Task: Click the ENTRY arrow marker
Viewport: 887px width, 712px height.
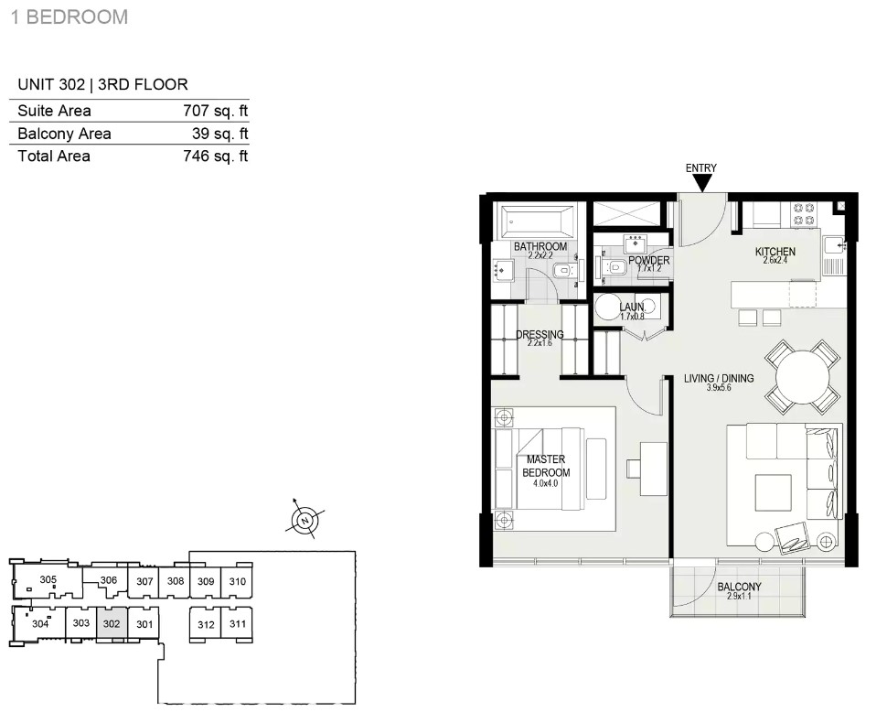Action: click(702, 183)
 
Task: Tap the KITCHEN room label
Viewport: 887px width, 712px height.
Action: click(775, 252)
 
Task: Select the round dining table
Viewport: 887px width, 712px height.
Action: click(802, 376)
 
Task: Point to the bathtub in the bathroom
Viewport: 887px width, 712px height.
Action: click(536, 221)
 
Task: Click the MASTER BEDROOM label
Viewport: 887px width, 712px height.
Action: click(546, 466)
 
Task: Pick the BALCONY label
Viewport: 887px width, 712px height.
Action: click(739, 587)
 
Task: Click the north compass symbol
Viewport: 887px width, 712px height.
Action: click(305, 520)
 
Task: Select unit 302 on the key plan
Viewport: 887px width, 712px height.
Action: click(112, 624)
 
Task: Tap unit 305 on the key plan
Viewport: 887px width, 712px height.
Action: click(48, 579)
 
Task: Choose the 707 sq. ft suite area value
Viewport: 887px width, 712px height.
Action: click(216, 111)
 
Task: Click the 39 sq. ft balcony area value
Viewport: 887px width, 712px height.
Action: click(220, 134)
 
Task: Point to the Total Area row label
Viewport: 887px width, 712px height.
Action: click(54, 156)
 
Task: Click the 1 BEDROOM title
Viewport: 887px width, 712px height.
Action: click(69, 17)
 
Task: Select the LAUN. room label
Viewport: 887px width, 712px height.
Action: click(632, 307)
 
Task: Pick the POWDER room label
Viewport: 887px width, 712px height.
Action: click(649, 260)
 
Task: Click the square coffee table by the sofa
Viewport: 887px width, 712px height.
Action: click(774, 491)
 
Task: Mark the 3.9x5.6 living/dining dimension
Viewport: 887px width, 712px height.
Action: click(719, 388)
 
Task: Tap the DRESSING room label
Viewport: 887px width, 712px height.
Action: click(540, 334)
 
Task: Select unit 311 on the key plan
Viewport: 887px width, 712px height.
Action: click(237, 624)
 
